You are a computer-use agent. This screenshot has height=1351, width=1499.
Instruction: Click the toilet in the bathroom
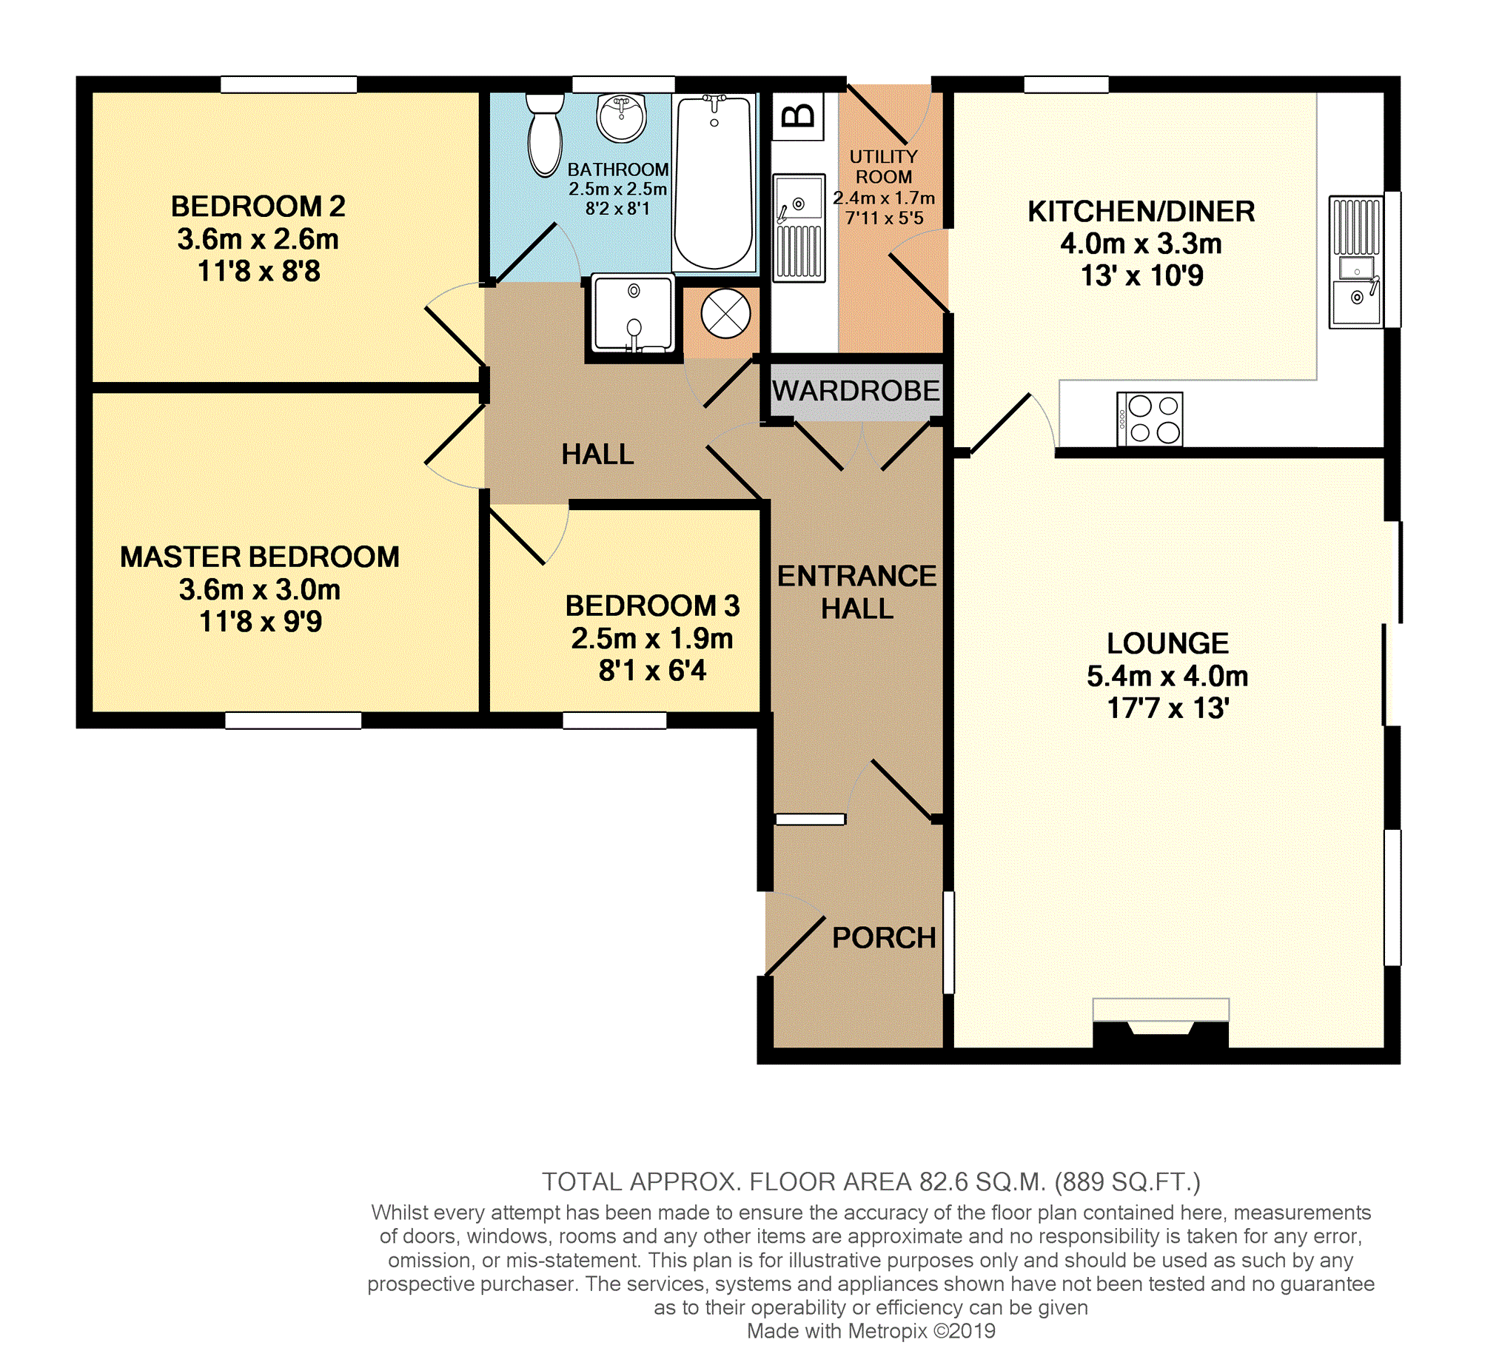[x=546, y=134]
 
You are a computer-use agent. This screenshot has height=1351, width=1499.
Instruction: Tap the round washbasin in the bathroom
[x=622, y=117]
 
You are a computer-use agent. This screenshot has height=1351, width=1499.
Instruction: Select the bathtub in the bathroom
[x=714, y=183]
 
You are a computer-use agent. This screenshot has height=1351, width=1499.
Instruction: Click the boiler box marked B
[x=799, y=115]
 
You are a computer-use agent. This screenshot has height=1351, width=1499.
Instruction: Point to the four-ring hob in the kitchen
[x=1150, y=419]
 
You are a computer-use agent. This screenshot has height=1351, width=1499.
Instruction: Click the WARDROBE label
[x=856, y=390]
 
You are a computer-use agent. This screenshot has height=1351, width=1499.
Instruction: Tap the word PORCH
[x=884, y=937]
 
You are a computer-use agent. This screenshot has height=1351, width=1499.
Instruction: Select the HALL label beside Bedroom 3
[x=597, y=455]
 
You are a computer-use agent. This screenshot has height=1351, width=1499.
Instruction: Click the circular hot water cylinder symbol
[x=725, y=313]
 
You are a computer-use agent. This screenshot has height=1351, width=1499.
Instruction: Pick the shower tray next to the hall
[x=633, y=314]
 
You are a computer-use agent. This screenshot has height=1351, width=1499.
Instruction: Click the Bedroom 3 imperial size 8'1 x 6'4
[x=652, y=670]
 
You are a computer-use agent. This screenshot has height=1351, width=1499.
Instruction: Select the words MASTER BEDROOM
[x=260, y=557]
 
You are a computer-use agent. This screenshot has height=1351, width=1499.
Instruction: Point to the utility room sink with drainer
[x=799, y=228]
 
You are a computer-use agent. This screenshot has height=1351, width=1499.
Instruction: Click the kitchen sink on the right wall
[x=1356, y=261]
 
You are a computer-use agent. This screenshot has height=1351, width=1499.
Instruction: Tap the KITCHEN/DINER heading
[x=1141, y=212]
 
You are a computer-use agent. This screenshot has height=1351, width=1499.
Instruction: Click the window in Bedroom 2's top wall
[x=289, y=84]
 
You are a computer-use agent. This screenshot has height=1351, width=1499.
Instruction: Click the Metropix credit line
[x=871, y=1331]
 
